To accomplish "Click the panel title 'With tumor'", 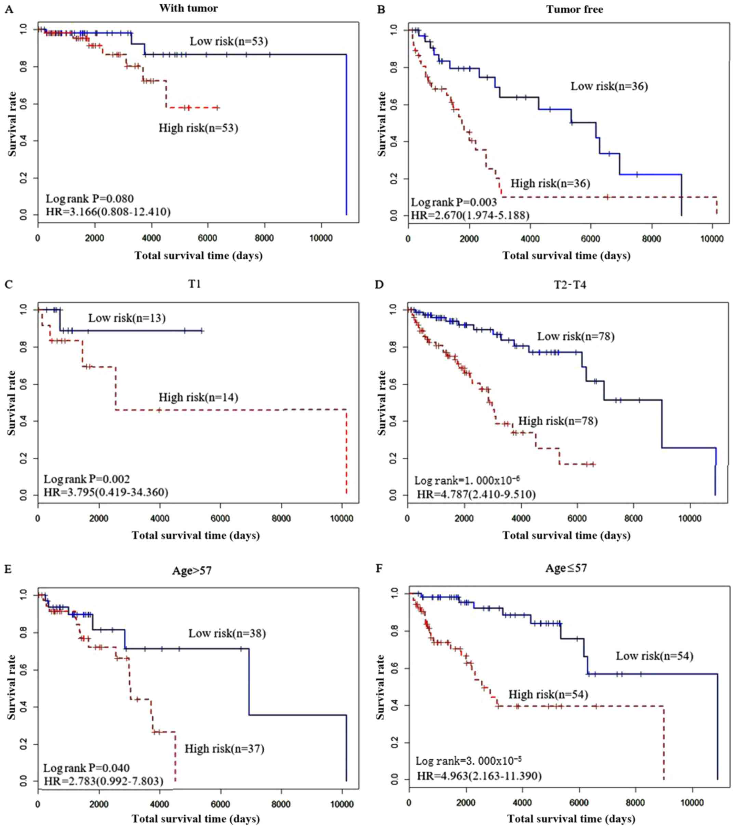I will click(188, 8).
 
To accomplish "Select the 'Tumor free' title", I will click(574, 9).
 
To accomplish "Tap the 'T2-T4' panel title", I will click(570, 285).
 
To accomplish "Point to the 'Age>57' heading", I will click(192, 571).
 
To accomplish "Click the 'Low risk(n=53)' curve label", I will click(229, 41).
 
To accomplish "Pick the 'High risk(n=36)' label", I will click(550, 183).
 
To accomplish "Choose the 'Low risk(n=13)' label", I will click(127, 318).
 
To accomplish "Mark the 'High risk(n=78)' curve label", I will click(558, 421).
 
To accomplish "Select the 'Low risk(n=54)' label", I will click(655, 656).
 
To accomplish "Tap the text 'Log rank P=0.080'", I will click(90, 199).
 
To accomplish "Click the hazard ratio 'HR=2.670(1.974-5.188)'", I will click(470, 215).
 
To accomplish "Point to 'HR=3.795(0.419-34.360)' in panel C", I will click(106, 492).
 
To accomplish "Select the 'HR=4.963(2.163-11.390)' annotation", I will click(479, 776).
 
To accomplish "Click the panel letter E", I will click(9, 569).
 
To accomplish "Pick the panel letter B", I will click(381, 9).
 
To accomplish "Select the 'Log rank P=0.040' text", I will click(86, 768).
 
